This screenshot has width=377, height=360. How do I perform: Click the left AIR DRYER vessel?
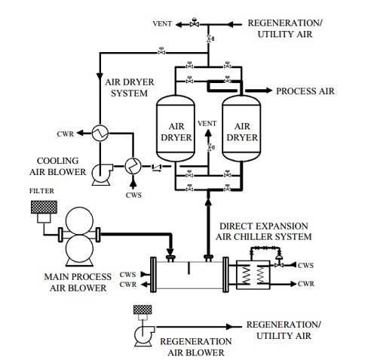pyautogui.click(x=176, y=128)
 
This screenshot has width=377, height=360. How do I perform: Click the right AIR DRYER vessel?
pyautogui.click(x=241, y=128)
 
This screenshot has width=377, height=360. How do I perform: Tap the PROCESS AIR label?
pyautogui.click(x=305, y=91)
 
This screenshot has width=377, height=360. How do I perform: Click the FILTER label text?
pyautogui.click(x=41, y=191)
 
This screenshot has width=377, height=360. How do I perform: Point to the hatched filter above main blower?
pyautogui.click(x=44, y=207)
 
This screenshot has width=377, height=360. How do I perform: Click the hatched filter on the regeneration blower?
pyautogui.click(x=143, y=309)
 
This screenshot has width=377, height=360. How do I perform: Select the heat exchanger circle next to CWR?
pyautogui.click(x=100, y=133)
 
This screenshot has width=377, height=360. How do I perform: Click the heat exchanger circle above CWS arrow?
pyautogui.click(x=133, y=166)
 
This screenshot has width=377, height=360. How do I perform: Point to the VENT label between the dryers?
pyautogui.click(x=207, y=124)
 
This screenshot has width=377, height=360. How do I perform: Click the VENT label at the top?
pyautogui.click(x=162, y=23)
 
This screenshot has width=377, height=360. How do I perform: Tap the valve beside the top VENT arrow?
pyautogui.click(x=195, y=23)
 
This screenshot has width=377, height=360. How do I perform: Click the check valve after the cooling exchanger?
pyautogui.click(x=157, y=167)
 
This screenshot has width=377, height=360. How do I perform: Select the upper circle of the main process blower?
pyautogui.click(x=79, y=221)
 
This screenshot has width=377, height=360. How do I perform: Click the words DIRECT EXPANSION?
pyautogui.click(x=264, y=226)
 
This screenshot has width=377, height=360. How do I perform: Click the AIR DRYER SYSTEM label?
pyautogui.click(x=130, y=88)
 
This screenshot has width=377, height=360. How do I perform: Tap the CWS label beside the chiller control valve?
pyautogui.click(x=305, y=265)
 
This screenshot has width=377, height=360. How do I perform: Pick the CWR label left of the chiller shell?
pyautogui.click(x=128, y=285)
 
